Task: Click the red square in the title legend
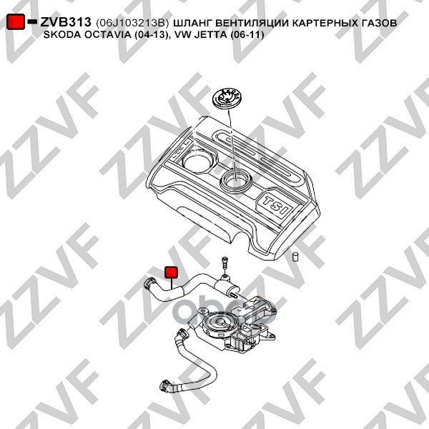[x=16, y=23]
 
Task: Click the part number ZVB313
[x=65, y=23]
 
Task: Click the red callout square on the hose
[x=172, y=274]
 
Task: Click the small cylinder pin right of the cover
[x=294, y=256]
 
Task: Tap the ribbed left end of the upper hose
[x=151, y=287]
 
